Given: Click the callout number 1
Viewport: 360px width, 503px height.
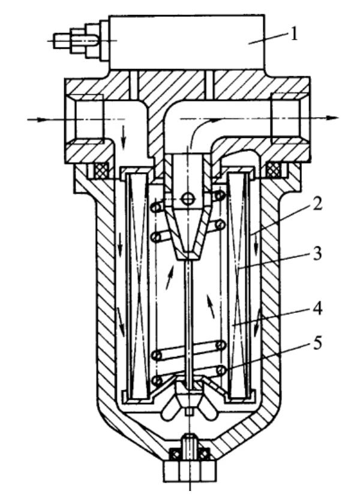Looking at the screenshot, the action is [293, 34].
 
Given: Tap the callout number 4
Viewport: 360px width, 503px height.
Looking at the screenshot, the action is [317, 308].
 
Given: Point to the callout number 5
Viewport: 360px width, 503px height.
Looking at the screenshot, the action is [317, 343].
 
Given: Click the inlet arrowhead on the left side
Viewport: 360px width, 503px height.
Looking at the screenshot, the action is [41, 120].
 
